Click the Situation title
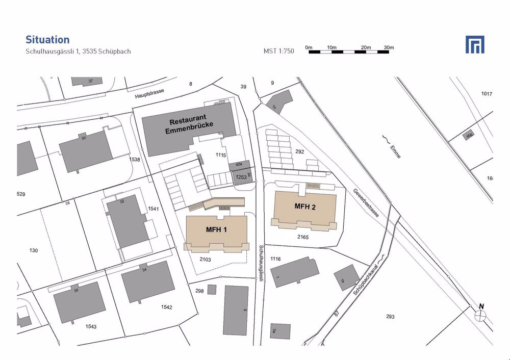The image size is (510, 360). click(x=47, y=40)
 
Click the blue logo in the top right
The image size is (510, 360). click(x=475, y=45)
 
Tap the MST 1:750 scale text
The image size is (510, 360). click(x=279, y=51)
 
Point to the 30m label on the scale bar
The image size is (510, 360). click(x=389, y=47)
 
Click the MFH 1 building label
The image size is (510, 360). click(x=216, y=229)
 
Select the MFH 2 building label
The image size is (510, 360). click(x=305, y=206)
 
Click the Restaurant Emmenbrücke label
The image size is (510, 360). click(x=189, y=126)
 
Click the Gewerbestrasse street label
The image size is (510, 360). click(x=366, y=203)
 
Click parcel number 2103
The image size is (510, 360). click(x=206, y=260)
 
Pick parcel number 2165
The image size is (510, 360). click(x=303, y=237)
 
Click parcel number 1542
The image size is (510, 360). click(x=166, y=307)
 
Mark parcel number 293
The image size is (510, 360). click(x=390, y=317)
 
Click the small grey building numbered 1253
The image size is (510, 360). click(x=241, y=177)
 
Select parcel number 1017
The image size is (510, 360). click(x=487, y=94)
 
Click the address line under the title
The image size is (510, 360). click(x=78, y=52)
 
